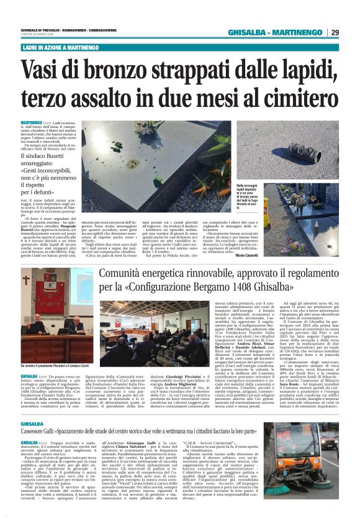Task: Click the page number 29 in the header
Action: (x=335, y=32)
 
